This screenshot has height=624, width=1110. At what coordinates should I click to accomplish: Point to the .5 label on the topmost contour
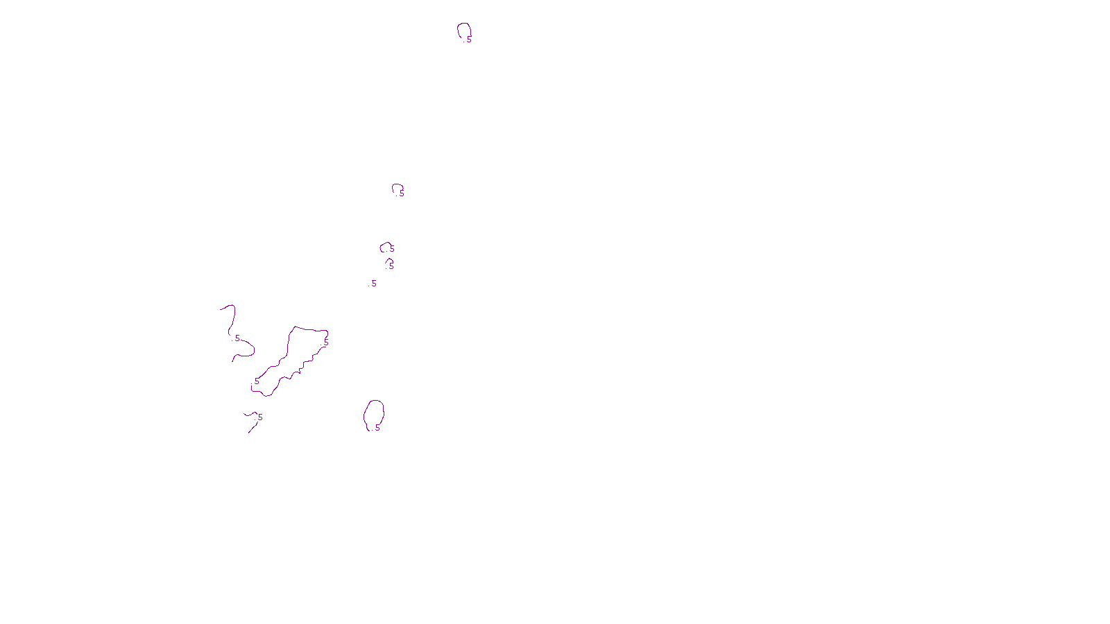(x=468, y=40)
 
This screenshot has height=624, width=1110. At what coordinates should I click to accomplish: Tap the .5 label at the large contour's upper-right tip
(x=325, y=342)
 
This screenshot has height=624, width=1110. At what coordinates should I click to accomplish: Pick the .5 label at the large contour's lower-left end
(x=256, y=381)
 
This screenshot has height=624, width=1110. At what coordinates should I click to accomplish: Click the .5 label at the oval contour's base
(x=377, y=428)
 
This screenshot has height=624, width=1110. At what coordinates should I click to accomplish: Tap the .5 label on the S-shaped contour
(x=237, y=338)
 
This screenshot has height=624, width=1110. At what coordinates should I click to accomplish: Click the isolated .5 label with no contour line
(x=373, y=284)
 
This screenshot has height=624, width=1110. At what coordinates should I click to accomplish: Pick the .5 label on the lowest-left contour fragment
(x=259, y=417)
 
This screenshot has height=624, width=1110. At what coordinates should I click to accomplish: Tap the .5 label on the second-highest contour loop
(x=401, y=193)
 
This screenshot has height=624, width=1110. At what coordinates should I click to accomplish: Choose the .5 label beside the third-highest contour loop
(x=391, y=249)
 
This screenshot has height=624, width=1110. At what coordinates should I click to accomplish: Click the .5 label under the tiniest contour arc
(x=391, y=266)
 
